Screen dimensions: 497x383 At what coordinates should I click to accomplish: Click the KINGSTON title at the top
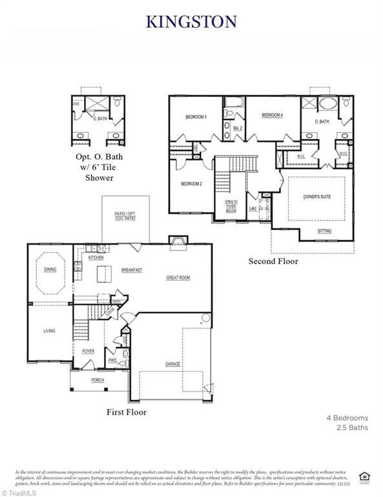click(x=191, y=21)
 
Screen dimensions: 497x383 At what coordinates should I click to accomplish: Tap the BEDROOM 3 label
click(x=196, y=117)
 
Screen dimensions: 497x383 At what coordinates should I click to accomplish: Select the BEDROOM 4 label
click(x=272, y=115)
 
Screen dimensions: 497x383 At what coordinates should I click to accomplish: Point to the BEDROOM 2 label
click(x=191, y=184)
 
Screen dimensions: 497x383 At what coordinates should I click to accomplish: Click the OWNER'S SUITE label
click(x=316, y=196)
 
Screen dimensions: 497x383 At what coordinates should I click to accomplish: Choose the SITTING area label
click(x=325, y=231)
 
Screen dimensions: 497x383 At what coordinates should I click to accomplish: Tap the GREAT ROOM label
click(x=178, y=278)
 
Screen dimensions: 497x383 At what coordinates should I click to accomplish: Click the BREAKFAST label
click(x=132, y=270)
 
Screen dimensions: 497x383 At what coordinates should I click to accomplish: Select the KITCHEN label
click(x=96, y=257)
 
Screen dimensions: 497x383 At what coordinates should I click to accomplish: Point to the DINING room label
click(x=50, y=270)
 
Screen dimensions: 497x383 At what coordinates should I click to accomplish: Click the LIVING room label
click(x=49, y=331)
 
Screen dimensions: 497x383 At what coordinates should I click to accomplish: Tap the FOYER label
click(x=88, y=351)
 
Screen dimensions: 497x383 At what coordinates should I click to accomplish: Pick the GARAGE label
click(x=172, y=364)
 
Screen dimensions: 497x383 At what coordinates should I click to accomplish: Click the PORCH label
click(x=98, y=380)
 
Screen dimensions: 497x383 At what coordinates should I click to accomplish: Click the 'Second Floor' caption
click(x=273, y=261)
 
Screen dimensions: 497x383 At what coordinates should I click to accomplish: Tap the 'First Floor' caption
click(x=126, y=412)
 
